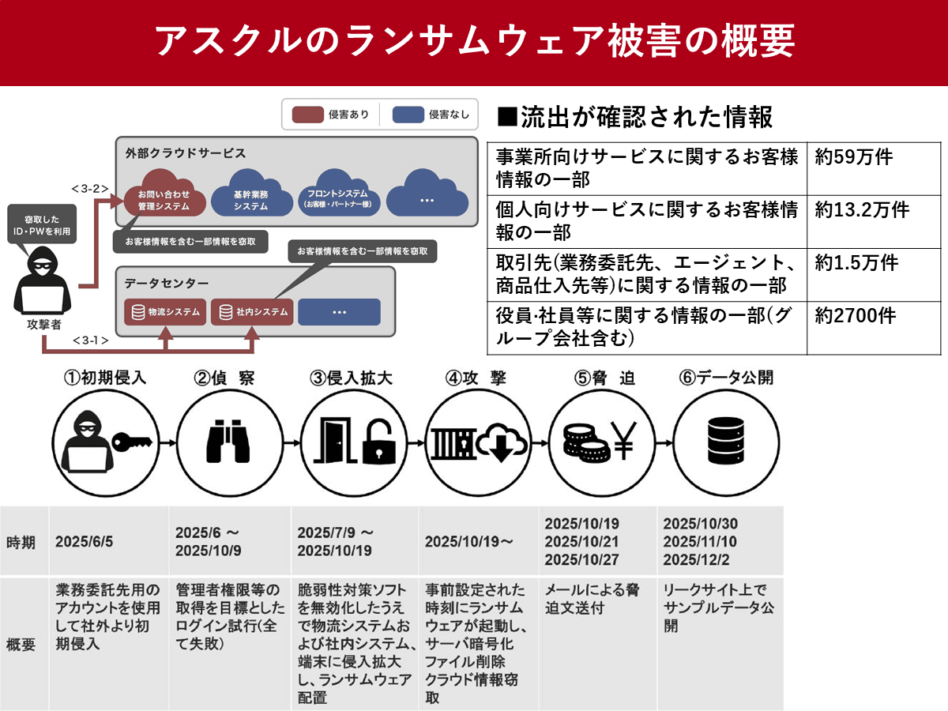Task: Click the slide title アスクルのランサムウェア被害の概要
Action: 474,41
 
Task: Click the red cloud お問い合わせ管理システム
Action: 164,195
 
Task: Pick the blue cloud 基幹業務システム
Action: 250,196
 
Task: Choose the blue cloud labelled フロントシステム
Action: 340,195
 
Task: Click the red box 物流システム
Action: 165,312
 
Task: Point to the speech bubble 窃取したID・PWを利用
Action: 41,224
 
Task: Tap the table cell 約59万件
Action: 854,157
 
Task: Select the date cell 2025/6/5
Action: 85,542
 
